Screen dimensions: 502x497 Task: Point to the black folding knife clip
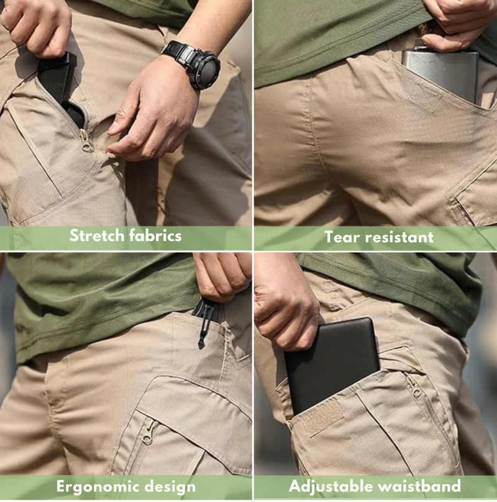(x=204, y=323)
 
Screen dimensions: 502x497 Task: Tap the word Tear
(x=341, y=236)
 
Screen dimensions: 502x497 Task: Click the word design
(x=171, y=486)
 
